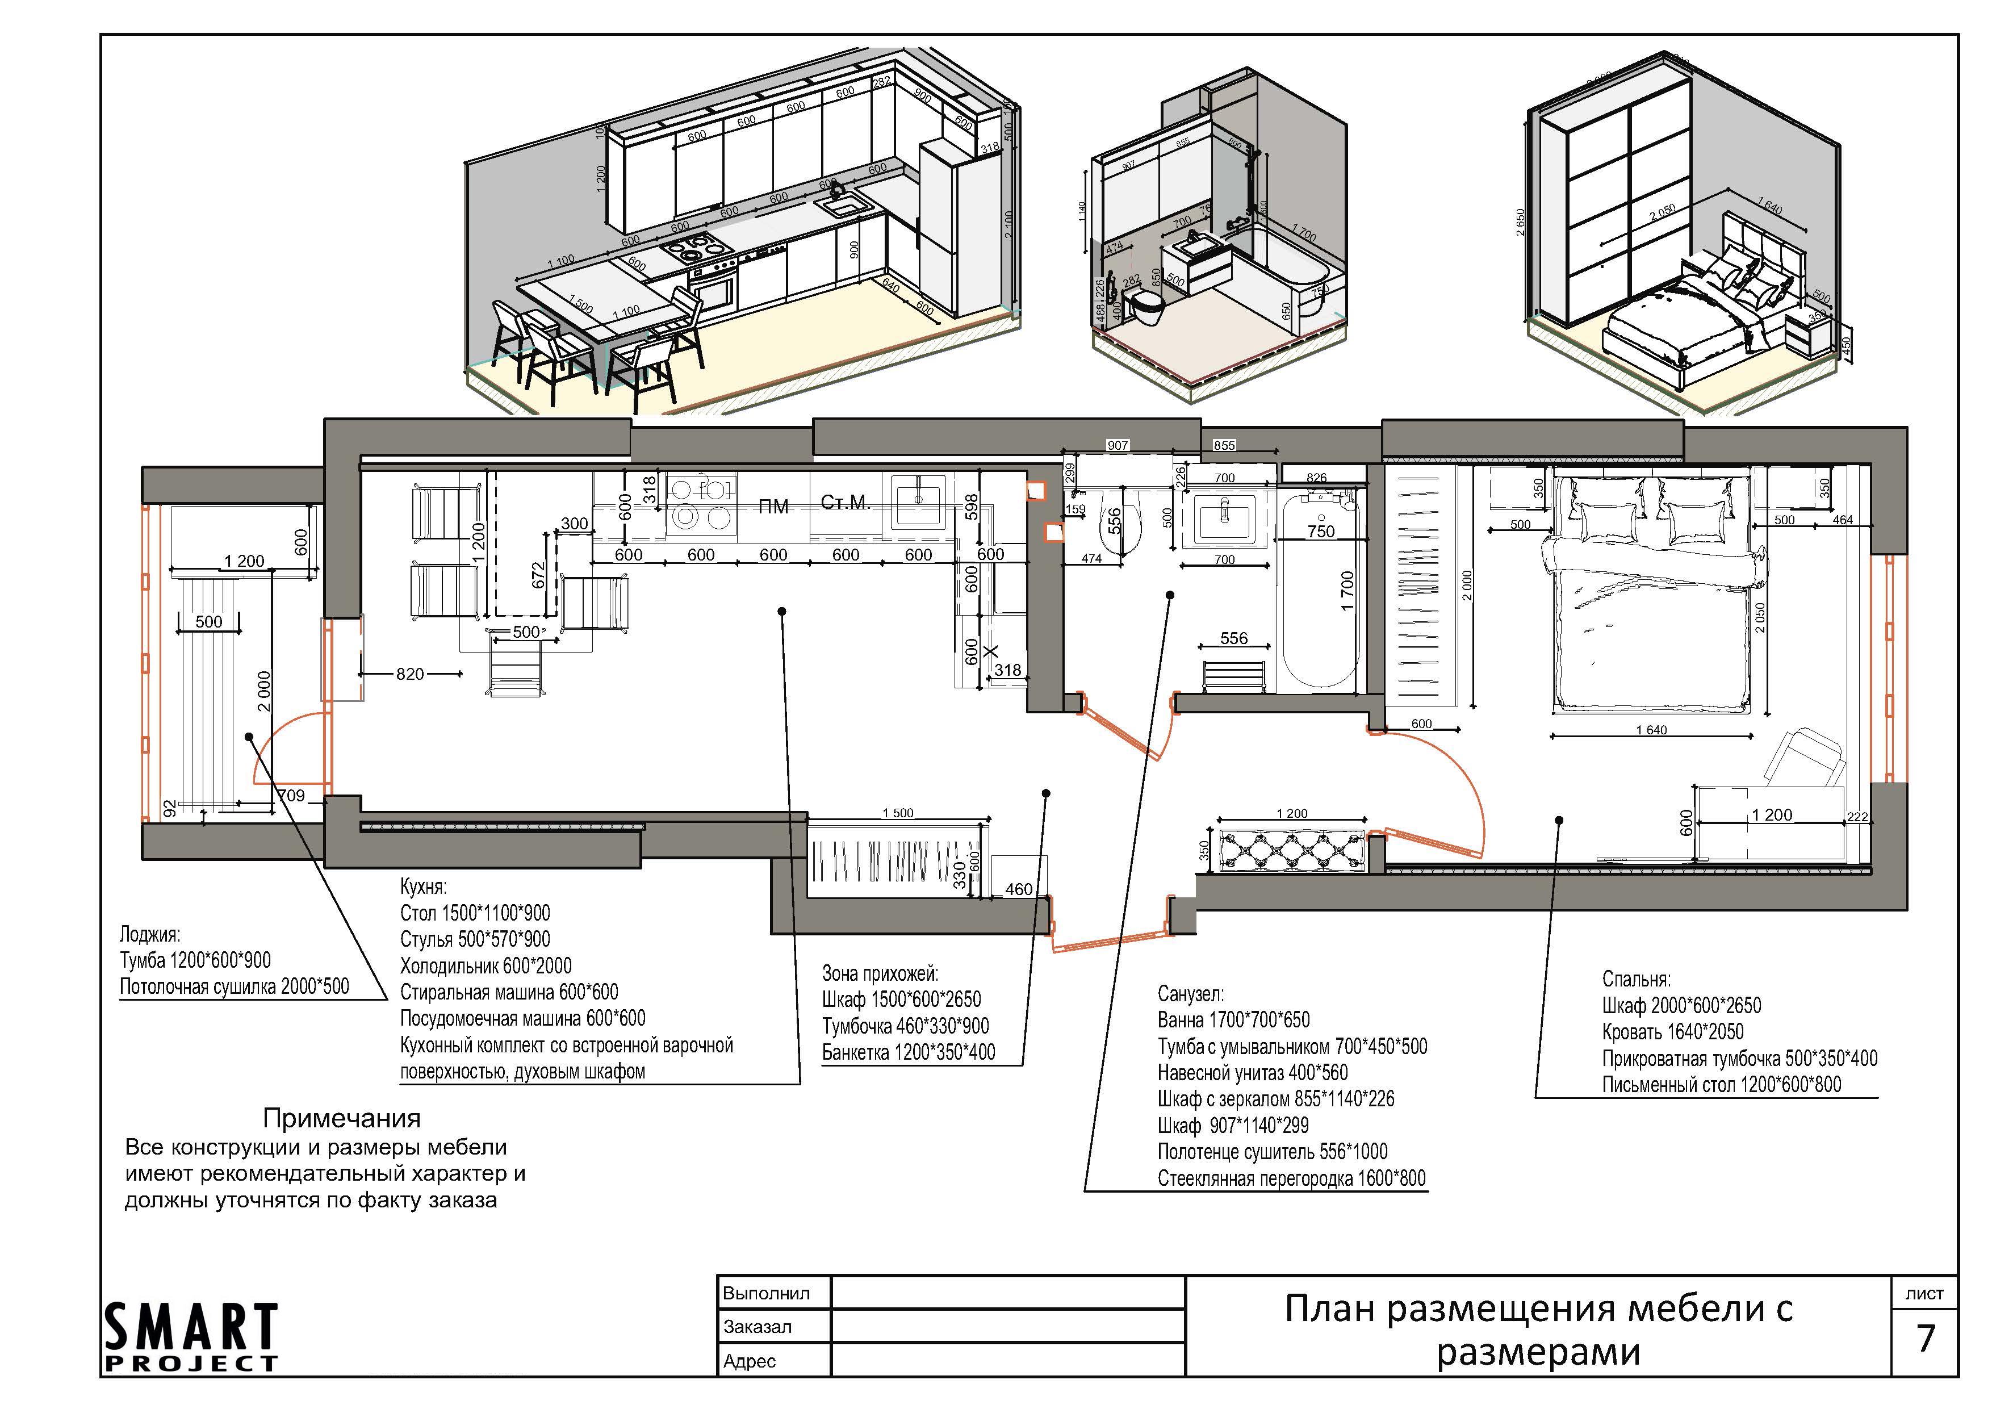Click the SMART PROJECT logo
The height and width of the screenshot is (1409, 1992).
point(191,1337)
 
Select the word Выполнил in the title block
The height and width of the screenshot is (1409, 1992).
point(766,1294)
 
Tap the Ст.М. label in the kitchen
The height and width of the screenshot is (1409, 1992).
point(844,503)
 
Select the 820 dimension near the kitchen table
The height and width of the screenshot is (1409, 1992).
point(409,674)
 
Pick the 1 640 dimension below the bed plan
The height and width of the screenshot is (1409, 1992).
point(1651,730)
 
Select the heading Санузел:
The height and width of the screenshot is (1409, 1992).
point(1190,993)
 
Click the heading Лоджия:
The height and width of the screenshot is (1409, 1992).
point(150,934)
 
